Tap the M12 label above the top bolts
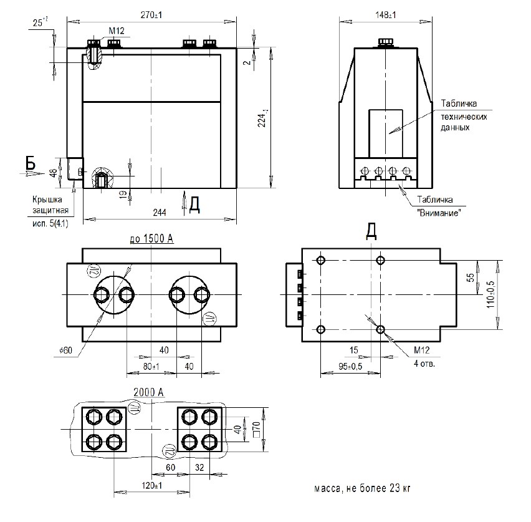[x=117, y=30]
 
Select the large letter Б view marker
[x=31, y=162]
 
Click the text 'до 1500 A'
[x=151, y=239]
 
